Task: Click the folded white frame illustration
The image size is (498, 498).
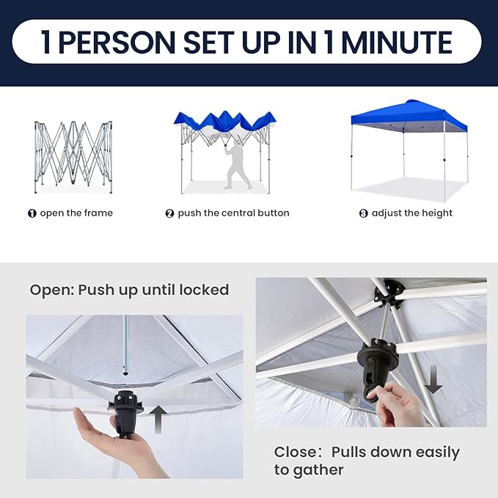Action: click(73, 156)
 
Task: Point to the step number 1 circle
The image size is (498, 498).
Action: click(32, 213)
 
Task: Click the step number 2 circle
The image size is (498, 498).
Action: click(169, 213)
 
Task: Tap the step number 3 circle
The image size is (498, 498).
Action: click(363, 213)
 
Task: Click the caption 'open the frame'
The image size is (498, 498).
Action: click(76, 213)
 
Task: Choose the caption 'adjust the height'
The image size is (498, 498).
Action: click(412, 213)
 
